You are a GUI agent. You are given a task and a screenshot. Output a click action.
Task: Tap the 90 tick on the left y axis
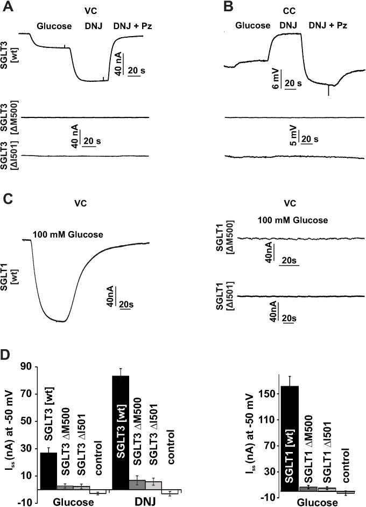tap(25, 367)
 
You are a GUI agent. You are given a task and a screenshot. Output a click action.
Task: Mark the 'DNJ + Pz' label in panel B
tap(326, 25)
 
